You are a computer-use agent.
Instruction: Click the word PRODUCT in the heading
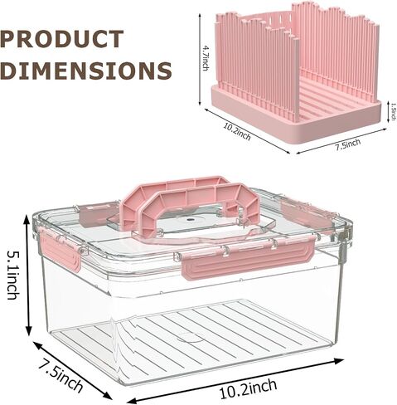point(61,39)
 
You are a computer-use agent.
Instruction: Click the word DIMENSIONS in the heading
point(85,71)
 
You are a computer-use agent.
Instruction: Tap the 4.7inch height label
point(206,58)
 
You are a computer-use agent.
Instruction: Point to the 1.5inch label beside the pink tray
point(394,112)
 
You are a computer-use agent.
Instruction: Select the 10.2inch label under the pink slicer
point(237,131)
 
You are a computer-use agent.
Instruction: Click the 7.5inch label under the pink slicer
point(348,144)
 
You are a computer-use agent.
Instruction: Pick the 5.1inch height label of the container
point(12,275)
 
